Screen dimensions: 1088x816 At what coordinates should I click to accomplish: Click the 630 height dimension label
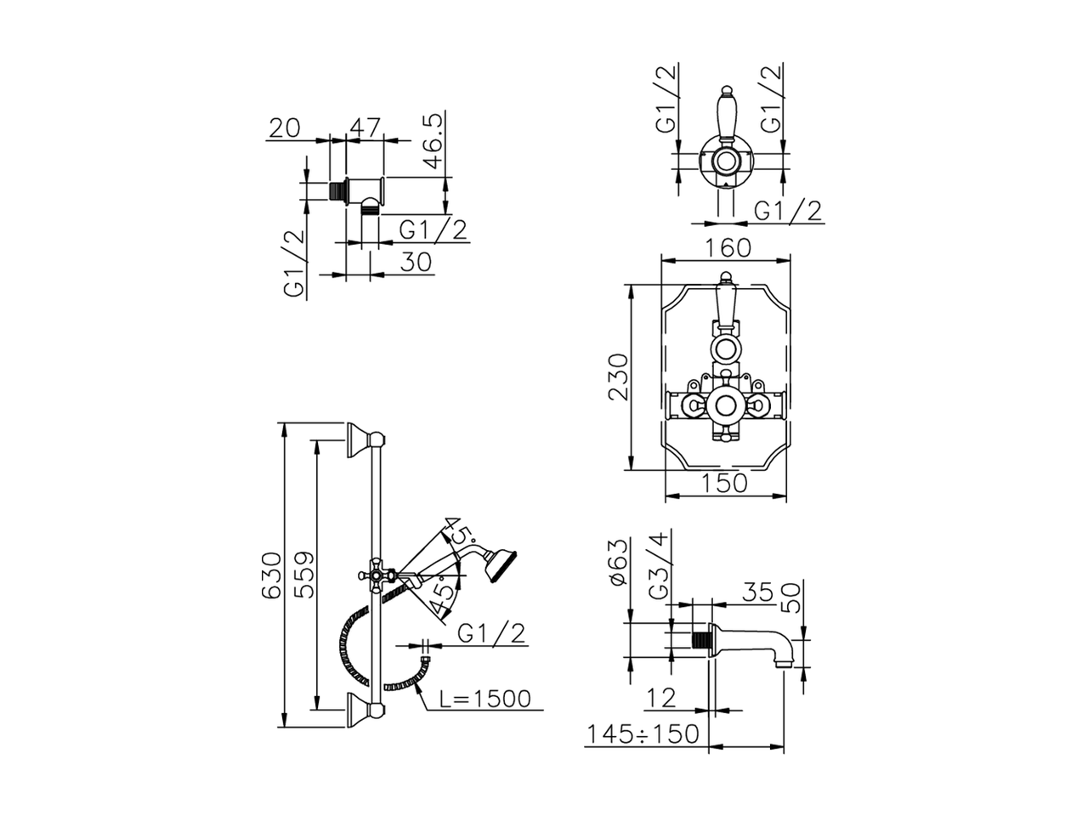coord(271,575)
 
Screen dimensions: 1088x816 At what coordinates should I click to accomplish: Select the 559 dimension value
coord(303,575)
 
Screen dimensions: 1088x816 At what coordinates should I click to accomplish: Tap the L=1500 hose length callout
coord(485,699)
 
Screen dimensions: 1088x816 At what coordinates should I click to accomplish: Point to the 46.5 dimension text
coord(433,141)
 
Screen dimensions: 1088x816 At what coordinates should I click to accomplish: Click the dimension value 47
coord(365,127)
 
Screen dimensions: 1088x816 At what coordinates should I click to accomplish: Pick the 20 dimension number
coord(285,127)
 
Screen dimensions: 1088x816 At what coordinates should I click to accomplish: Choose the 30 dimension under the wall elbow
coord(416,262)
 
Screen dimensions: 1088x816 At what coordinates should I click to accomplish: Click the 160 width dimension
coord(728,248)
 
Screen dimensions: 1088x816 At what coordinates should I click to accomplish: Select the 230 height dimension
coord(618,377)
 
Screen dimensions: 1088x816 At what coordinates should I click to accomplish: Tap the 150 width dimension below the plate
coord(724,483)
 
